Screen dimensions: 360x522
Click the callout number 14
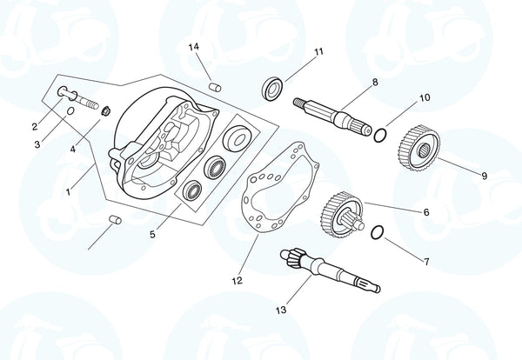pos(193,45)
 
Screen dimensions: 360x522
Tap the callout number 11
pos(318,52)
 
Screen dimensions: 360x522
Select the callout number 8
pos(374,83)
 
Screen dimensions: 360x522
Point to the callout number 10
pos(425,98)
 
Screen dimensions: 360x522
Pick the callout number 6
pos(425,212)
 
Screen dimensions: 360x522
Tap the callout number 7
pos(425,261)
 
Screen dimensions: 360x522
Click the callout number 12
pos(238,281)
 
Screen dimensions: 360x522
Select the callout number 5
pos(153,233)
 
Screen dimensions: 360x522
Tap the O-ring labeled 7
pos(376,233)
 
